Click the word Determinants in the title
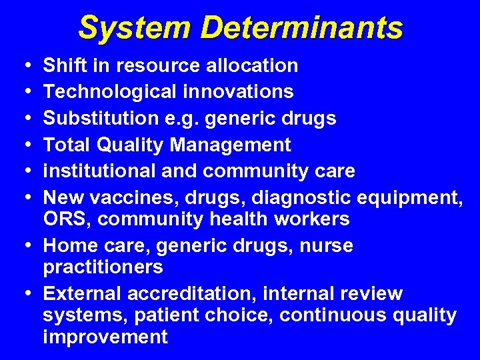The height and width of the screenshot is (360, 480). click(302, 28)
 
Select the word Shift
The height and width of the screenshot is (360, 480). click(65, 65)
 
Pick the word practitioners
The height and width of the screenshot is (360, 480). click(103, 267)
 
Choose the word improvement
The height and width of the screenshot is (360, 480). click(105, 337)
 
